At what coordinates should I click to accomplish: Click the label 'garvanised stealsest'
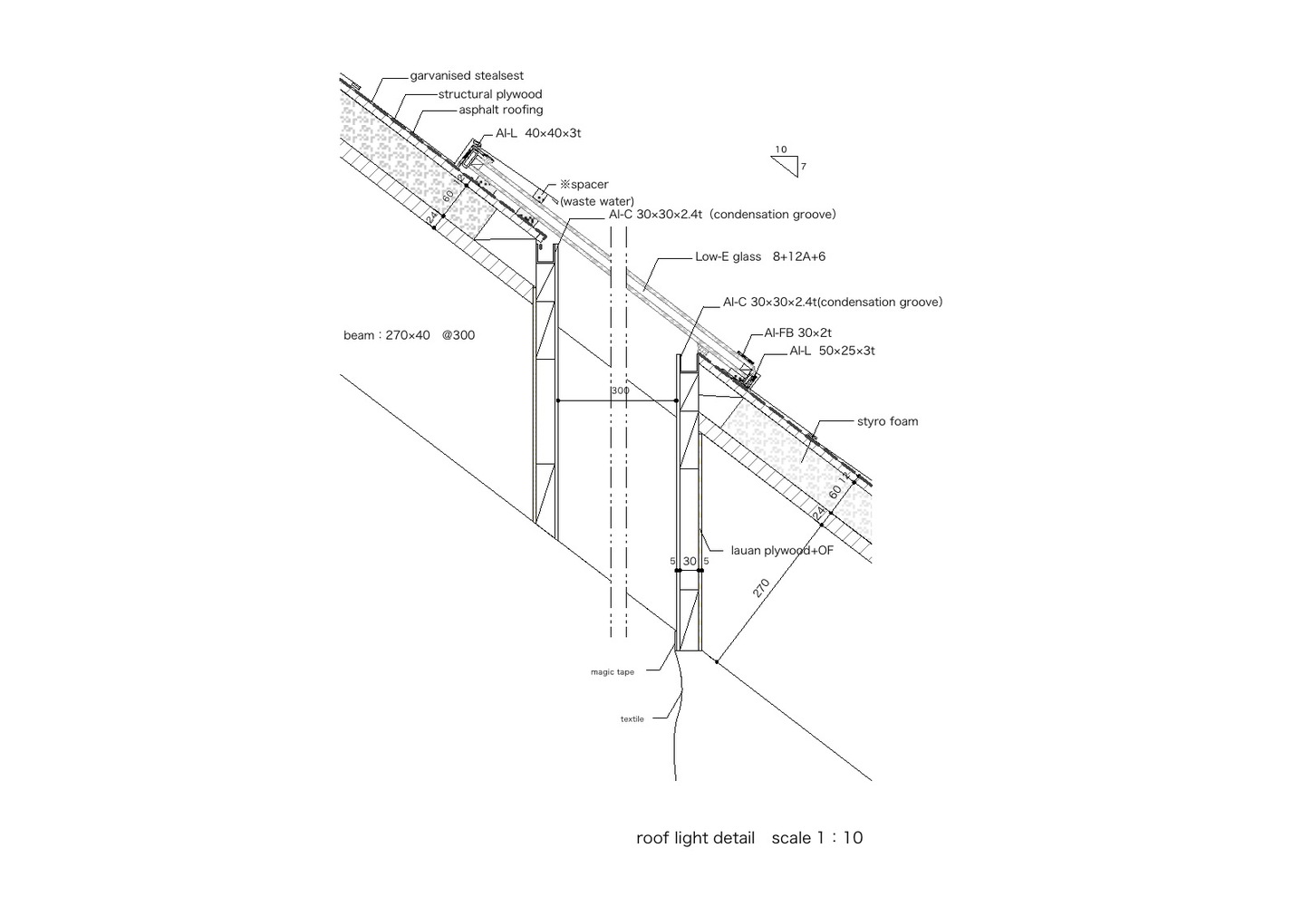[467, 75]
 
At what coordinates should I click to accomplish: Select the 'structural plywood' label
[490, 94]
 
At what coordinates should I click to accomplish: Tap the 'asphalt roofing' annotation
[501, 110]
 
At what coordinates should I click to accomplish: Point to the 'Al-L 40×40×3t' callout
[538, 133]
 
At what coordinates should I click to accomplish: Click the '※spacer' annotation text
[584, 184]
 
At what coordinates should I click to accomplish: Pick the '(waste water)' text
[597, 201]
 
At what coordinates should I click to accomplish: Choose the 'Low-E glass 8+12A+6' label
[760, 256]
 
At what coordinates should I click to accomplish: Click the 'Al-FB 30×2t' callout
[797, 333]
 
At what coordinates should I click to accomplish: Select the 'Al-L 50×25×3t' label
[832, 351]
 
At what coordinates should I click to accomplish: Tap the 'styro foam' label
[888, 421]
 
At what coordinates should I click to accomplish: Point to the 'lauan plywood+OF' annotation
[782, 550]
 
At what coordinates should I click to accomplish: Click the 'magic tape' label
[613, 672]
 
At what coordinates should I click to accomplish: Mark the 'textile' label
[632, 719]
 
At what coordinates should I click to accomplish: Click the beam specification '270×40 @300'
[430, 335]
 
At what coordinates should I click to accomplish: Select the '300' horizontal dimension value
[621, 390]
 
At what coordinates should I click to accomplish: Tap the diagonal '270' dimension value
[761, 588]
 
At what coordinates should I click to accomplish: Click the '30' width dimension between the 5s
[690, 561]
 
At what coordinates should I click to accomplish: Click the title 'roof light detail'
[695, 838]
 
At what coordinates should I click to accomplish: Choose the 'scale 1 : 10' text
[817, 838]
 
